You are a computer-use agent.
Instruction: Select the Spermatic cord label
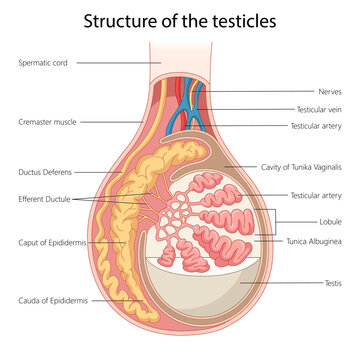tap(42, 63)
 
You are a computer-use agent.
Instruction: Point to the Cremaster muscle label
tap(47, 122)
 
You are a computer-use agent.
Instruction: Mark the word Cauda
tap(31, 300)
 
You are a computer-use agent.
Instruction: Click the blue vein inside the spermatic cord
tap(195, 112)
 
